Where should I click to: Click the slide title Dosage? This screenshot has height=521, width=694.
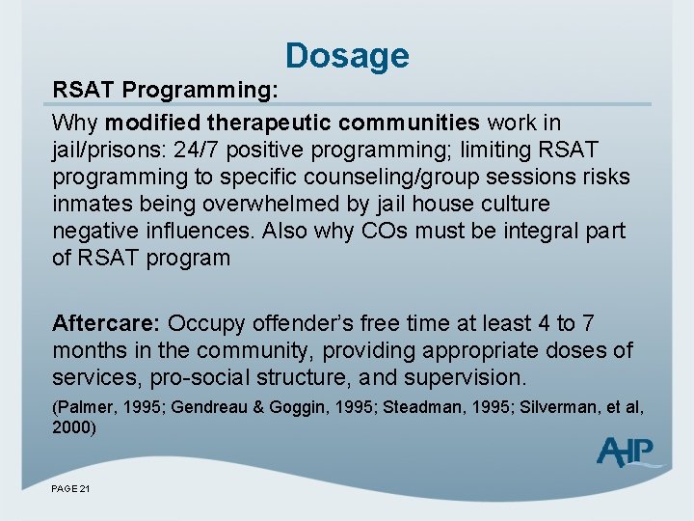click(347, 55)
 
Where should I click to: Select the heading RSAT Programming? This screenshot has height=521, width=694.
click(165, 90)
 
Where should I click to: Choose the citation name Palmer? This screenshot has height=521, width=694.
click(82, 407)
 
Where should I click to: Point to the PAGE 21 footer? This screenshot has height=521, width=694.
click(70, 490)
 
